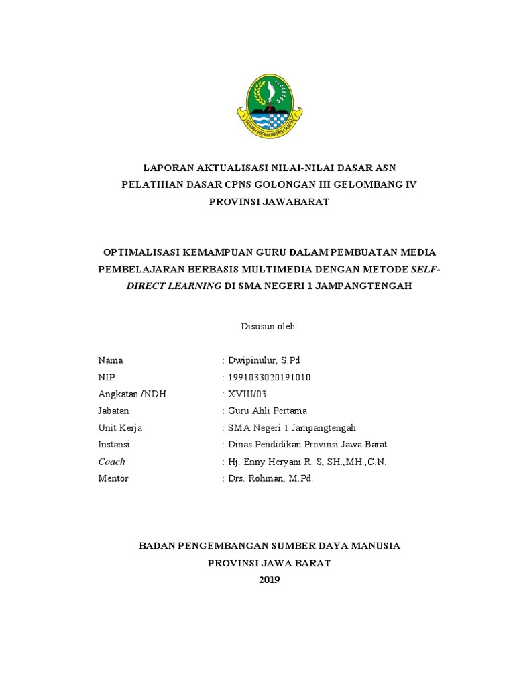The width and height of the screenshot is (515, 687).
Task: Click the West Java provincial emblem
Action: pos(269,106)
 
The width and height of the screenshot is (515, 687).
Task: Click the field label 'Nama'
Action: pos(110,360)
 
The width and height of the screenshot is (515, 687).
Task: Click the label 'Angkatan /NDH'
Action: pos(131,394)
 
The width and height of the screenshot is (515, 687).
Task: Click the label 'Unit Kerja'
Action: pos(120,427)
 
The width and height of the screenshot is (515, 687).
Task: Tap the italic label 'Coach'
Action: pos(111,462)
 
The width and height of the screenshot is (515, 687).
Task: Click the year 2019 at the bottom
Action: pos(269,580)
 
